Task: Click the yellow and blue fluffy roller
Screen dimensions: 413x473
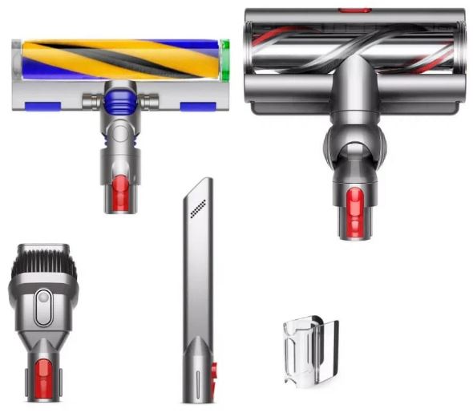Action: (x=116, y=59)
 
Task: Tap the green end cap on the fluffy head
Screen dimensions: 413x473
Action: (x=225, y=59)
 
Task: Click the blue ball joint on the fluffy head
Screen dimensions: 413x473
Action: (x=120, y=101)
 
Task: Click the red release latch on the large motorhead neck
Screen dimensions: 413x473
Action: (x=353, y=204)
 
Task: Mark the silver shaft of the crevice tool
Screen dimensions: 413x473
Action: (x=196, y=281)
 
